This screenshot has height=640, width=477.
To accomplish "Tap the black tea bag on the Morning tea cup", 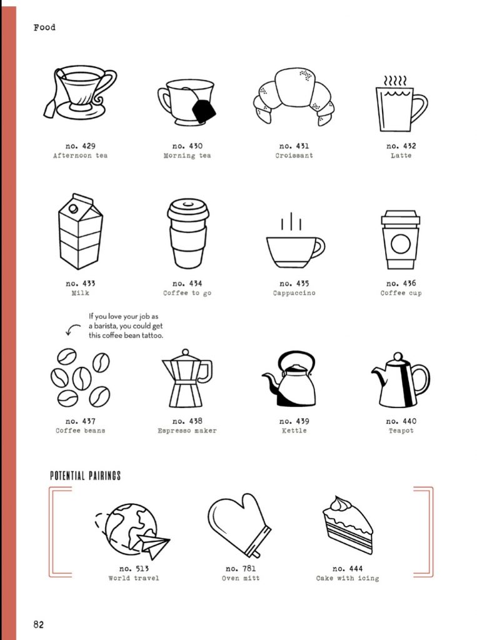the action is tap(203, 110).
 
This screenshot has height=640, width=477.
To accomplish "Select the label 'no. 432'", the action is tap(401, 146).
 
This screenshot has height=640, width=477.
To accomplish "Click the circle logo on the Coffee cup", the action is tap(400, 244).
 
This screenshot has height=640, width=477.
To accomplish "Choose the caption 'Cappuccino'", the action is tap(294, 292).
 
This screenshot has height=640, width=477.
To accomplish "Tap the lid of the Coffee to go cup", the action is tap(188, 209).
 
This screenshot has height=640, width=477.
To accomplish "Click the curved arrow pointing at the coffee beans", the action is tap(72, 329).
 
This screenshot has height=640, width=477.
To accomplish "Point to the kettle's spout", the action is tap(270, 380).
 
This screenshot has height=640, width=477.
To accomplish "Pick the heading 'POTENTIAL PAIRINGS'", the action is tap(86, 476).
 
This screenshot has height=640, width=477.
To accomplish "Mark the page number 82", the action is tap(38, 624).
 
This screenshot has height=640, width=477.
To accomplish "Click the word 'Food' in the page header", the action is tap(44, 27).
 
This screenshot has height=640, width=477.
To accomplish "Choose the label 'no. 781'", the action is tap(241, 568).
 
